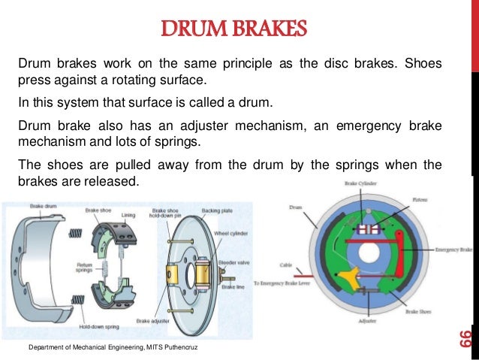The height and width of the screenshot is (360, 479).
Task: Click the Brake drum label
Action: point(42,205)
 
